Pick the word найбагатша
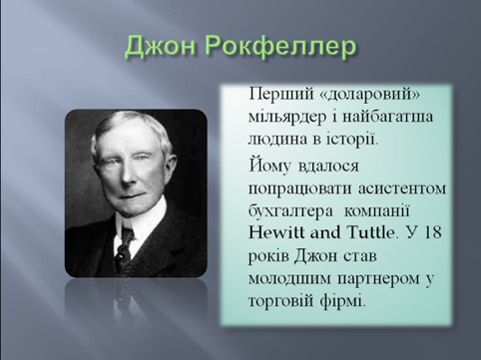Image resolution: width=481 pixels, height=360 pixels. [x=387, y=118]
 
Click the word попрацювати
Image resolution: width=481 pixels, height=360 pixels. [x=300, y=189]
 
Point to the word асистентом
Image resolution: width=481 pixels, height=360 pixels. [x=402, y=188]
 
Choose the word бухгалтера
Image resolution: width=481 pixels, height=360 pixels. [x=290, y=211]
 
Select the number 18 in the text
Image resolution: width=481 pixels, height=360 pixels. [x=432, y=232]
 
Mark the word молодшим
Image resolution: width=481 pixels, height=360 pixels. [x=289, y=279]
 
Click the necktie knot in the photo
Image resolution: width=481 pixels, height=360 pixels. [x=127, y=235]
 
